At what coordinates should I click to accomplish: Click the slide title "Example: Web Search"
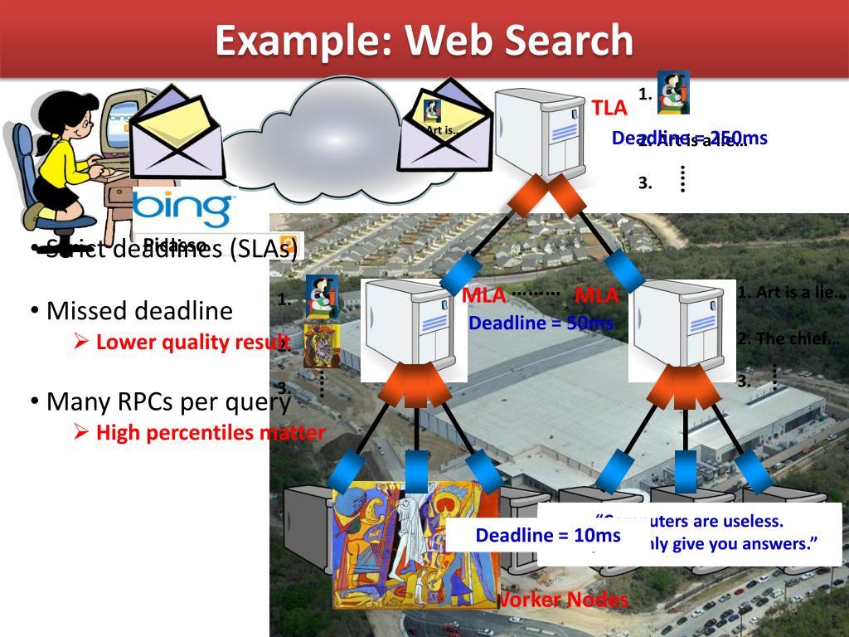(x=424, y=40)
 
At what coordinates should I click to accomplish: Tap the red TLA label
(x=609, y=108)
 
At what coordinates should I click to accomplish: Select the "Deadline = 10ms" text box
(x=547, y=536)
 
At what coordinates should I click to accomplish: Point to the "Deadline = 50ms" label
(x=540, y=323)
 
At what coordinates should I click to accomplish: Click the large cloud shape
(x=319, y=133)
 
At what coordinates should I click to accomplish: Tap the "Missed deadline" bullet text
(x=139, y=311)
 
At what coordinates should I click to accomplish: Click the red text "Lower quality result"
(x=191, y=341)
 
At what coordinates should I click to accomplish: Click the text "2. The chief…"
(x=788, y=338)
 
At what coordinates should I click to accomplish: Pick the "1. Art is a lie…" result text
(x=790, y=292)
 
